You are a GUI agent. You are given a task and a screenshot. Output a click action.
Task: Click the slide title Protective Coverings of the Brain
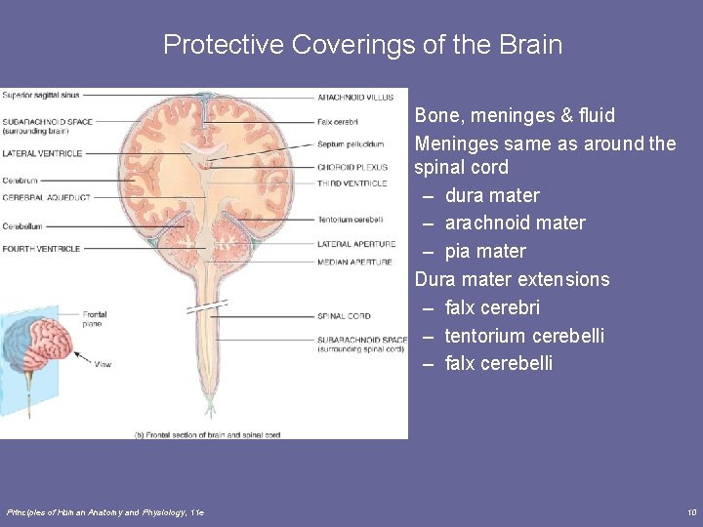(362, 45)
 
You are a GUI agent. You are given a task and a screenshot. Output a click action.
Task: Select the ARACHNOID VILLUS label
(355, 97)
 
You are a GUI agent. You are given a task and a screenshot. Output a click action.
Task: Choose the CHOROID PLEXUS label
(352, 167)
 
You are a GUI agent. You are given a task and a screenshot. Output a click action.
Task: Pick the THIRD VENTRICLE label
(351, 182)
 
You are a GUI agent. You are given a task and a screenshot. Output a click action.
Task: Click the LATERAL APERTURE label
(356, 244)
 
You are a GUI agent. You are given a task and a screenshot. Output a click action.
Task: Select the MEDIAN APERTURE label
(354, 262)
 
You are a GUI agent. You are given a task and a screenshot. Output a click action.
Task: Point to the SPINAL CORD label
(344, 316)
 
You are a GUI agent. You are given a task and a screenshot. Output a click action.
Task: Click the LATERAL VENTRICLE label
(41, 153)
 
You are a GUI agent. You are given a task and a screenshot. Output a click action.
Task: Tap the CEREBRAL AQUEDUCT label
(46, 197)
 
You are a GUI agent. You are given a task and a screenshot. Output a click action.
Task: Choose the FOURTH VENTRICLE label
(41, 249)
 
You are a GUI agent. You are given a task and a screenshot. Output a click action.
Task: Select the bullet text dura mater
(491, 195)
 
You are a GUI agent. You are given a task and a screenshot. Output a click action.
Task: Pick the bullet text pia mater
(484, 251)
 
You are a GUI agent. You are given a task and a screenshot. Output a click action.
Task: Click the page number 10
(690, 512)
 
